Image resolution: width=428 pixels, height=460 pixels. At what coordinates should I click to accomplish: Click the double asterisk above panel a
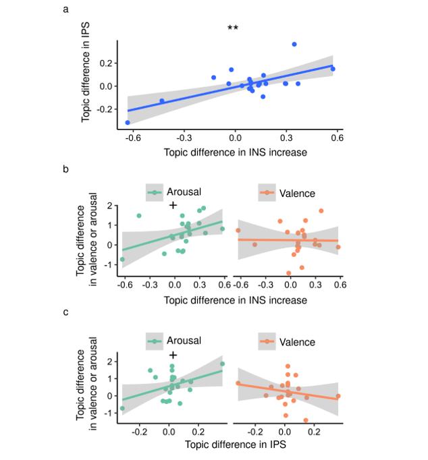(x=232, y=28)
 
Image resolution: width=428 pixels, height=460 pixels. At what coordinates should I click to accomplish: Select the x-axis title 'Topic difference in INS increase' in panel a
(x=235, y=152)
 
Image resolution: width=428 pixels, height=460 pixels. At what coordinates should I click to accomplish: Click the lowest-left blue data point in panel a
(x=128, y=122)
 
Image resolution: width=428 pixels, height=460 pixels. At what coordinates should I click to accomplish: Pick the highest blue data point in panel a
(x=294, y=45)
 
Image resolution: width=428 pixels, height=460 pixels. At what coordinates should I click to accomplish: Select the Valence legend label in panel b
(x=298, y=194)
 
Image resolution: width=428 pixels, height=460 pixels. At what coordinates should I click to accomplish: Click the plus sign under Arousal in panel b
(x=173, y=205)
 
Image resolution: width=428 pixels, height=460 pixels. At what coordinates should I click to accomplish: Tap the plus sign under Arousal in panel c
(x=173, y=355)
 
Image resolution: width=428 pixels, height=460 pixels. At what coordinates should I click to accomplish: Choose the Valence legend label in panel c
(x=298, y=342)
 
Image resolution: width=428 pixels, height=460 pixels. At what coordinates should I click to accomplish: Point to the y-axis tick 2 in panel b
(x=109, y=208)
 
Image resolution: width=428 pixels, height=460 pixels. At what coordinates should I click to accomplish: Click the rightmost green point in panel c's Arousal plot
(x=222, y=364)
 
